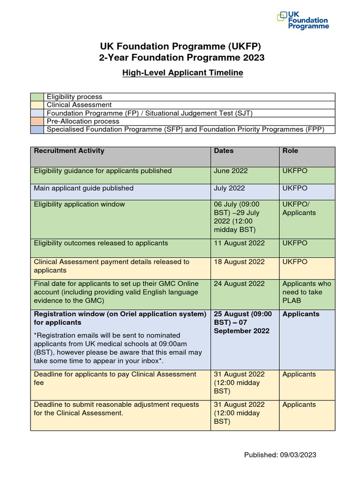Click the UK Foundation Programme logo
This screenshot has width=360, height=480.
303,21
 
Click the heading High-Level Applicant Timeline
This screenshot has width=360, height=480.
182,73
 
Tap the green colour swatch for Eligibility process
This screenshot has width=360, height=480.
37,97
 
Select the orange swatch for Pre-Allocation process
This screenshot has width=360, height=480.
37,121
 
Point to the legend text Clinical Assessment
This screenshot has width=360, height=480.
79,105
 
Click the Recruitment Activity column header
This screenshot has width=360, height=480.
69,151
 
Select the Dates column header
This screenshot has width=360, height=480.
224,151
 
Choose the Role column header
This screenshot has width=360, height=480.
290,151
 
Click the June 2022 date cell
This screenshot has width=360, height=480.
231,171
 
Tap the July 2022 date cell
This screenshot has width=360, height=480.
230,188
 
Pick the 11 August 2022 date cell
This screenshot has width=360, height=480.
239,243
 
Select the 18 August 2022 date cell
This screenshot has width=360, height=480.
239,262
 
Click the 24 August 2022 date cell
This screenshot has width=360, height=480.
239,284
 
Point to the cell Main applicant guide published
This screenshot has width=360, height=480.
83,188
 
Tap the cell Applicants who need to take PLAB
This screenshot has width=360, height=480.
307,292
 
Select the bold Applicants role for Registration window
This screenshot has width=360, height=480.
301,314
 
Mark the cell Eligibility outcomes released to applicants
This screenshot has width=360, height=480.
101,243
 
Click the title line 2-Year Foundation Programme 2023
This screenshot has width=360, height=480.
181,58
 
